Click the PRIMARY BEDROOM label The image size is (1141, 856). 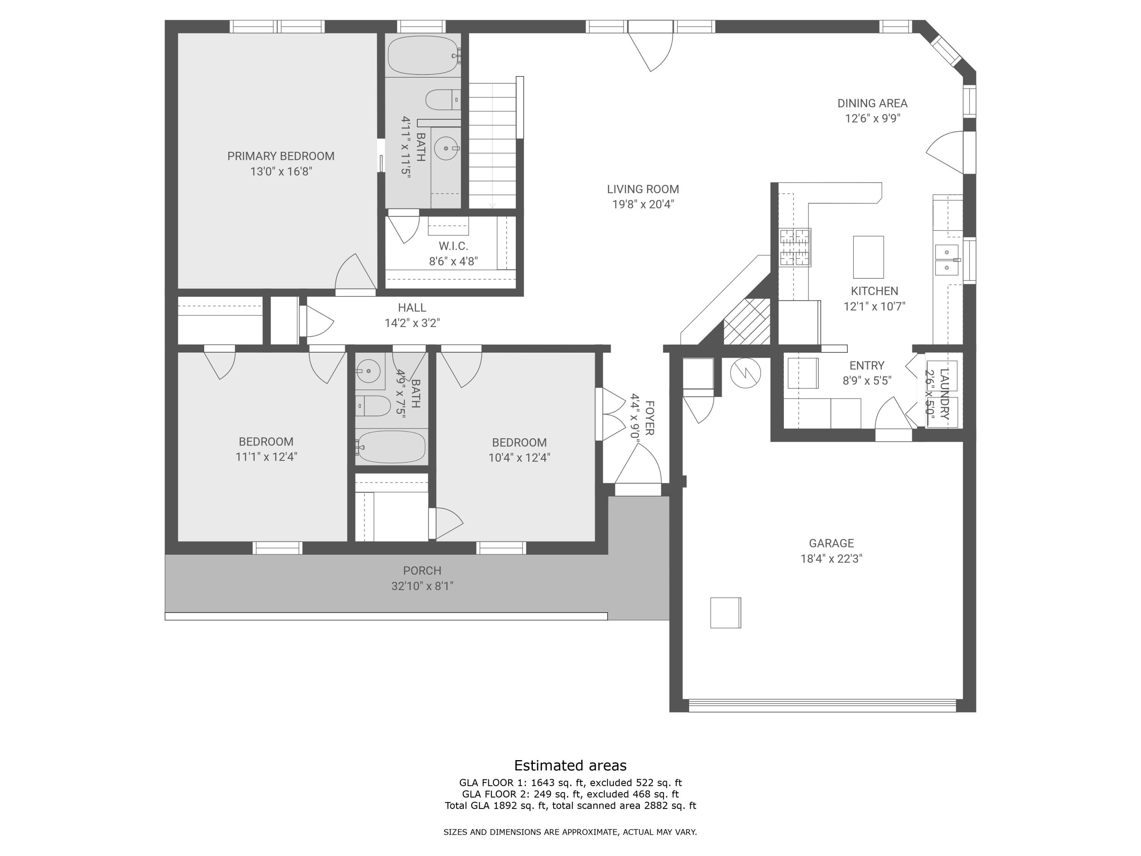pyautogui.click(x=281, y=156)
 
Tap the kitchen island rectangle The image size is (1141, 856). pyautogui.click(x=868, y=257)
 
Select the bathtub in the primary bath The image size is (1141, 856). pyautogui.click(x=423, y=55)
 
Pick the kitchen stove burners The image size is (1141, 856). pyautogui.click(x=795, y=248)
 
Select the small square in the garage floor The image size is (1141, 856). pyautogui.click(x=725, y=613)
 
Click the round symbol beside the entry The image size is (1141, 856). pyautogui.click(x=745, y=372)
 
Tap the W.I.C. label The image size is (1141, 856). pyautogui.click(x=453, y=246)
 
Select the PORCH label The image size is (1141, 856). pyautogui.click(x=422, y=571)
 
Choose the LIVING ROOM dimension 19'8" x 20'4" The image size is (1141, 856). pyautogui.click(x=643, y=204)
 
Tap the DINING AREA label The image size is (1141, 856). pyautogui.click(x=872, y=103)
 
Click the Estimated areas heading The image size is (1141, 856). pyautogui.click(x=570, y=765)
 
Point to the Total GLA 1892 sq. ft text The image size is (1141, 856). pyautogui.click(x=495, y=805)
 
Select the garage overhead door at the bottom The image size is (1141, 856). pyautogui.click(x=822, y=705)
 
